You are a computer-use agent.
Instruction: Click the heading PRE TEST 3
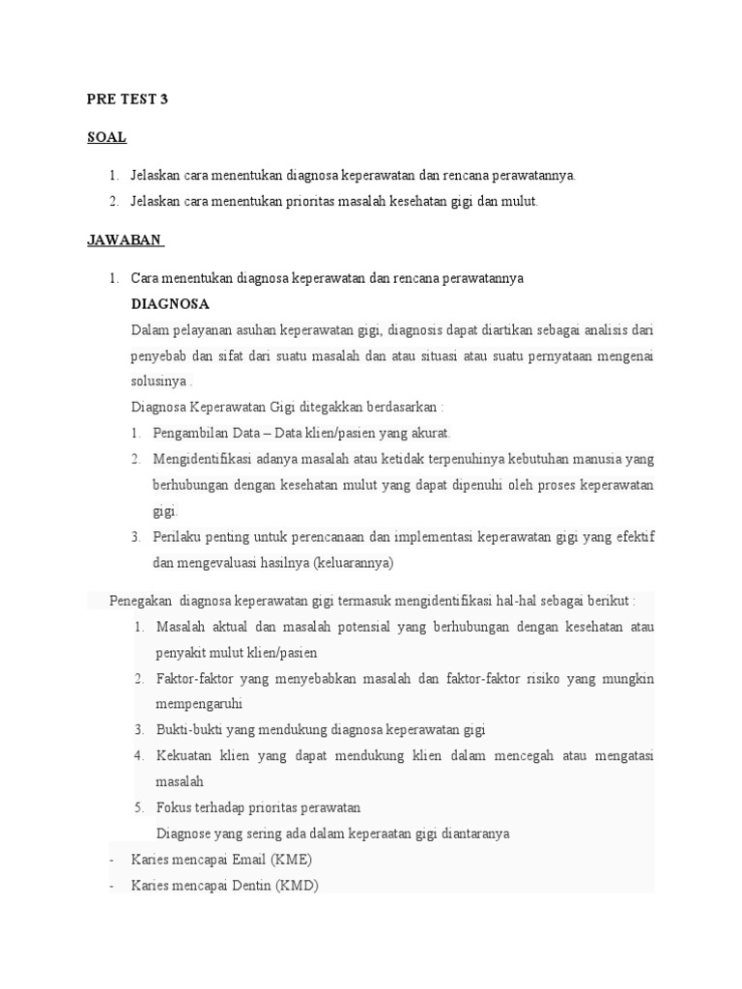(128, 99)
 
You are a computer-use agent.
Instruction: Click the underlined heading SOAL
(106, 137)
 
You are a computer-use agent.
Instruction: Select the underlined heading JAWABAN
(125, 240)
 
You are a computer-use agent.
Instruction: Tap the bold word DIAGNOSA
(171, 303)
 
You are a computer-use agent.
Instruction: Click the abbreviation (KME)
(291, 859)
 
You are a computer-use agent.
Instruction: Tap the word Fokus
(172, 807)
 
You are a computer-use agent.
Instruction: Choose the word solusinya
(158, 381)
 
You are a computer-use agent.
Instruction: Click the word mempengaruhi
(199, 703)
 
